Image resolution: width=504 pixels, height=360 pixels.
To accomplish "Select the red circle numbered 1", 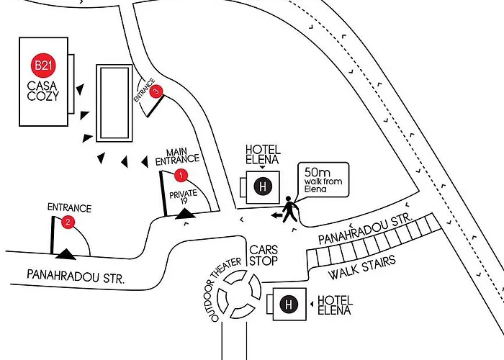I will pos(181,175).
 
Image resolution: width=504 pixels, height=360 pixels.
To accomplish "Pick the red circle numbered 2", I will pos(68,222).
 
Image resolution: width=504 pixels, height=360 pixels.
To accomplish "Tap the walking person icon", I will pos(289,210).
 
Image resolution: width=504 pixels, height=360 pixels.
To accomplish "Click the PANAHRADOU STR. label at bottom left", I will pos(75,275).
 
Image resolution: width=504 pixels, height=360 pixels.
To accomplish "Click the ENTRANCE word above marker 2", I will pos(69,208).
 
